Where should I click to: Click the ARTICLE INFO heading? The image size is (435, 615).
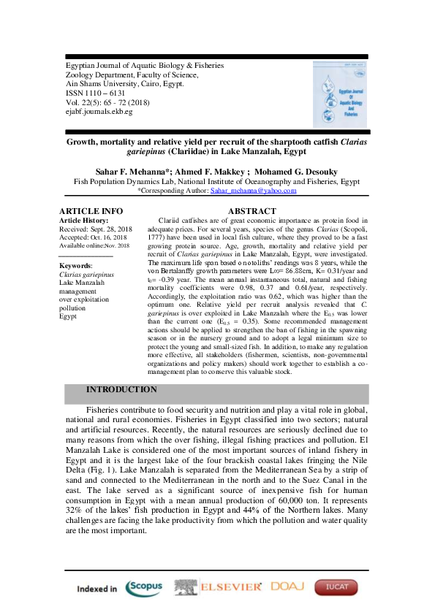(x=91, y=211)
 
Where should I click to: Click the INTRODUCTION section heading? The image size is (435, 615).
(x=121, y=390)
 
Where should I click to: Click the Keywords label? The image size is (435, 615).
(x=75, y=266)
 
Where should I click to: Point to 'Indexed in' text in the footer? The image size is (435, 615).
(x=97, y=589)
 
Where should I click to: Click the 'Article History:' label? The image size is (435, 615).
(x=83, y=220)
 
